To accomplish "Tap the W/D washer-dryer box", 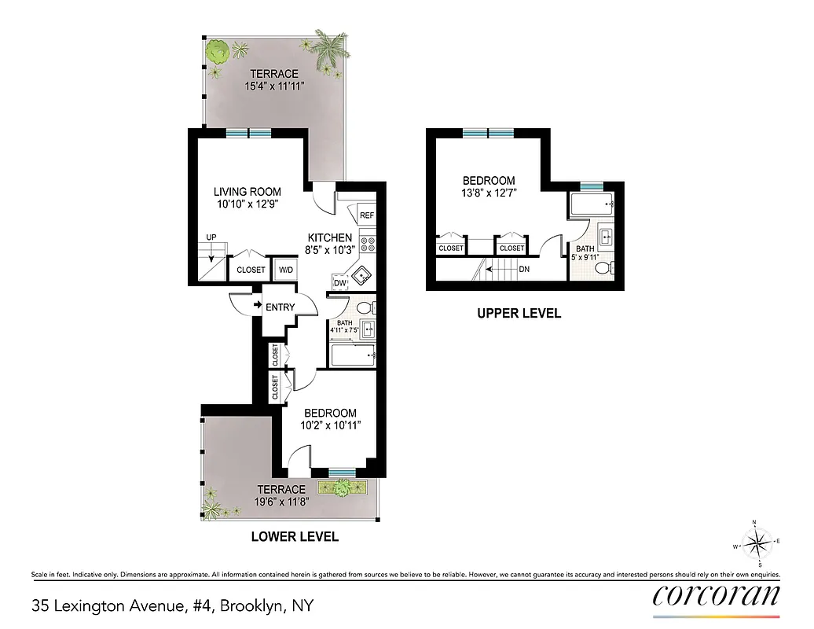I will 284,270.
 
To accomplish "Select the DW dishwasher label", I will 340,283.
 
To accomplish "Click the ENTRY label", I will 280,307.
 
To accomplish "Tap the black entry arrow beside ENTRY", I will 257,307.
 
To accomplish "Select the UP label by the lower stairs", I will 211,237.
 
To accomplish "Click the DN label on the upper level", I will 525,268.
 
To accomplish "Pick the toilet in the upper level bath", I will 603,269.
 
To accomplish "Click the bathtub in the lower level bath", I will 353,356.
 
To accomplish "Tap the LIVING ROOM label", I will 247,192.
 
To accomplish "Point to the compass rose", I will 758,543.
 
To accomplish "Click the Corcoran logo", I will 717,595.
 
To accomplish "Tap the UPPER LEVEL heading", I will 519,313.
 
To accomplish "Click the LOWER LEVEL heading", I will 295,537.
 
